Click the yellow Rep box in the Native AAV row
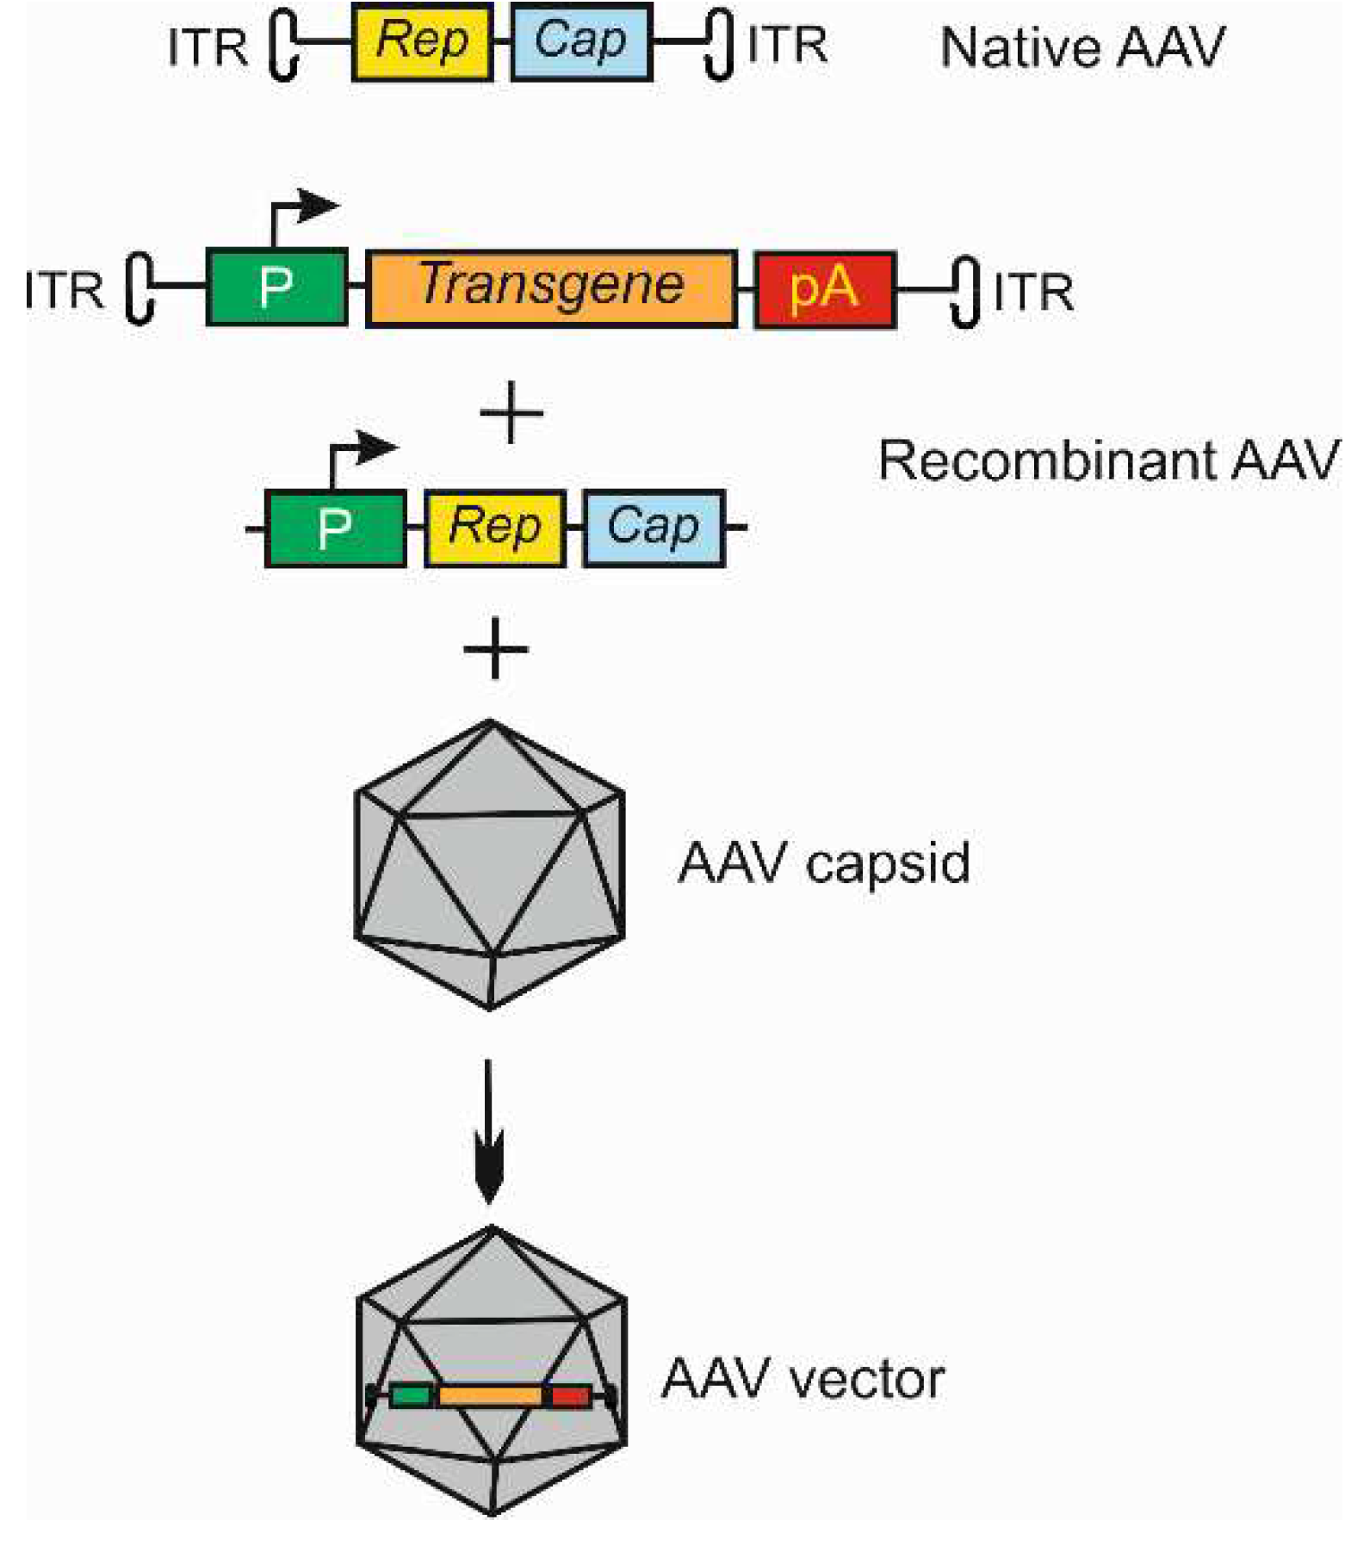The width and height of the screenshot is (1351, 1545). point(422,41)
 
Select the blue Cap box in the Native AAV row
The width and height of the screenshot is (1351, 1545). point(581,41)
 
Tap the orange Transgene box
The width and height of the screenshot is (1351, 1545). point(551,287)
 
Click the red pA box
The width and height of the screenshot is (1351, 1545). point(825,288)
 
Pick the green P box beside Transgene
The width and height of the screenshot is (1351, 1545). point(276,287)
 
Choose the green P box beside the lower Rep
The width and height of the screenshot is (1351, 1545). point(335,528)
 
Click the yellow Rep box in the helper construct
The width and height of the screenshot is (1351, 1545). point(495,528)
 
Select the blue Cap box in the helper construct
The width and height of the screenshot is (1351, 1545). point(654,528)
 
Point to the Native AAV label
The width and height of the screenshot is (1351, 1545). point(1081,47)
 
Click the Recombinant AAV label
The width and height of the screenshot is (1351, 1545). point(1108,460)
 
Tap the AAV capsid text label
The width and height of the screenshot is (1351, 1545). point(823,862)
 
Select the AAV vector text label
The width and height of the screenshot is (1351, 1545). point(803,1379)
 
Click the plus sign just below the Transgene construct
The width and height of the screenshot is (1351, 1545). point(511,412)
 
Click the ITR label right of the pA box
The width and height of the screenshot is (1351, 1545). point(1033,293)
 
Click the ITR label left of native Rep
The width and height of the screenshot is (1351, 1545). point(208,47)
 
